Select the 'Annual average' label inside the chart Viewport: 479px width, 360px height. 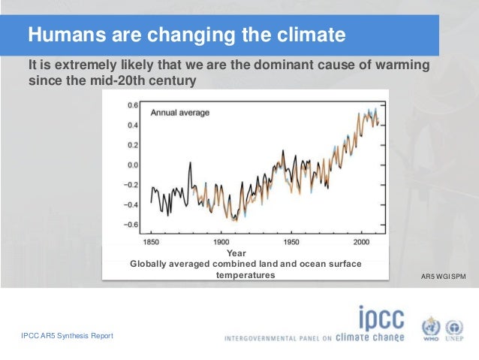180,113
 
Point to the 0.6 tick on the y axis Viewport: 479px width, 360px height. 131,105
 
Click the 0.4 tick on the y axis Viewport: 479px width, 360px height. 131,125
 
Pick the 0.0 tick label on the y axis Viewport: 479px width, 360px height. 131,165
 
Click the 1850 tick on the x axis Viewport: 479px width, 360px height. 152,242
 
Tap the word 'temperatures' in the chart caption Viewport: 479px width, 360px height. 246,275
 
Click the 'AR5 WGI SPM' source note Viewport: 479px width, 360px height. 445,277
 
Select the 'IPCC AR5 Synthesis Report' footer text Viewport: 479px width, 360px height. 68,335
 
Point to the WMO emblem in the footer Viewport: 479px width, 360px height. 430,328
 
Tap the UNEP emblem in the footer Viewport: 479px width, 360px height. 455,328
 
